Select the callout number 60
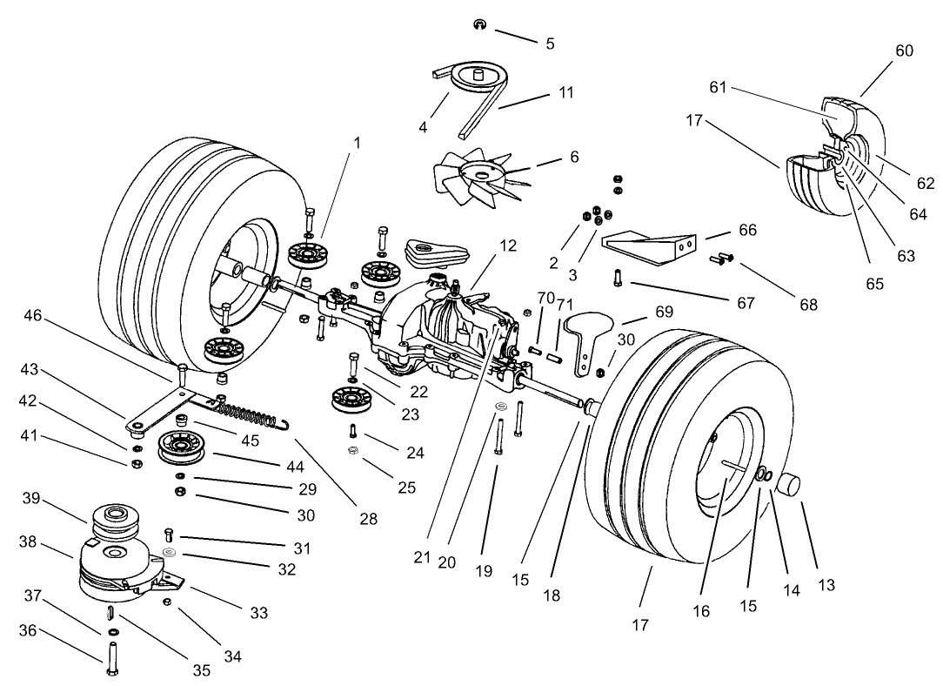pos(904,50)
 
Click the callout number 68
pos(808,305)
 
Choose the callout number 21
pos(422,557)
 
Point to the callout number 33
pos(258,613)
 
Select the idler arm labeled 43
pos(161,409)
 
